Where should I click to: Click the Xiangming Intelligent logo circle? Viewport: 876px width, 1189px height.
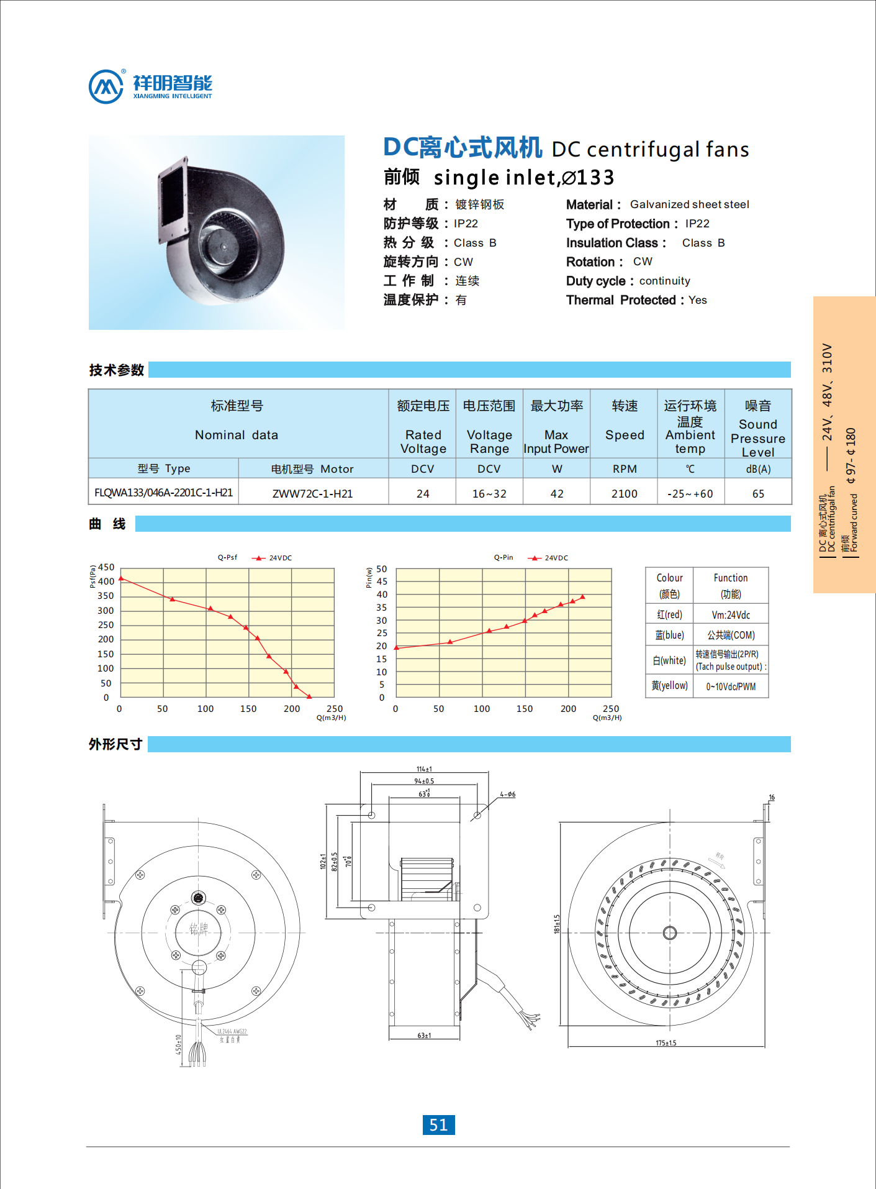pos(106,87)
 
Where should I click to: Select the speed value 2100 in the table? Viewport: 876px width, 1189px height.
pos(624,494)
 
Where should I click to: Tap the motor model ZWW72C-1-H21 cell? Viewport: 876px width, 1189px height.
pos(312,494)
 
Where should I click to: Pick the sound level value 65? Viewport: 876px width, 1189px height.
pos(757,494)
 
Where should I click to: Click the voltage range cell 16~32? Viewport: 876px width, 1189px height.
pos(489,494)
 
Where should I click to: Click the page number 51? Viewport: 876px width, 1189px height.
pos(438,1125)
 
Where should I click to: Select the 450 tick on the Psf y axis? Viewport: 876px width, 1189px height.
pos(106,567)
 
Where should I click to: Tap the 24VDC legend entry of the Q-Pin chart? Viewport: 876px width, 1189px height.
pos(549,558)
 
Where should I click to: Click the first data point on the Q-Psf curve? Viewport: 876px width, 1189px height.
pos(122,579)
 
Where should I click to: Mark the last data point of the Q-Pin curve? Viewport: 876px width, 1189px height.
pos(582,598)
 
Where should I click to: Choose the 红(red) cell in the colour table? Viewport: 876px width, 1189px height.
pos(669,615)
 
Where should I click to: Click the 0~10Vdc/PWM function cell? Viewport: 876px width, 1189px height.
pos(731,687)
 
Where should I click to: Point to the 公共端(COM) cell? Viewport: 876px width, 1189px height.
pos(731,635)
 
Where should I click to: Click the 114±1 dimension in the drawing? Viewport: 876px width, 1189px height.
pos(424,769)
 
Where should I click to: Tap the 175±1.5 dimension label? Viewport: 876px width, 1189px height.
pos(666,1043)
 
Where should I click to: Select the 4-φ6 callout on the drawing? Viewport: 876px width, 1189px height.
pos(507,795)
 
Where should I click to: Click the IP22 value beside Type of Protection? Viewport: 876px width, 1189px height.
pos(697,224)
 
